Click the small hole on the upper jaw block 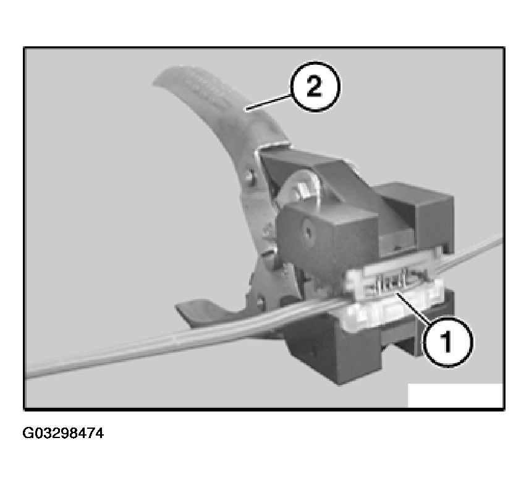pyautogui.click(x=307, y=234)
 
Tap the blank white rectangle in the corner pyautogui.click(x=455, y=395)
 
